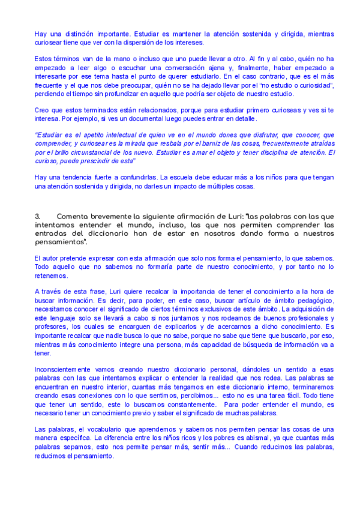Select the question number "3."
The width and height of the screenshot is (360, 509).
click(x=37, y=216)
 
